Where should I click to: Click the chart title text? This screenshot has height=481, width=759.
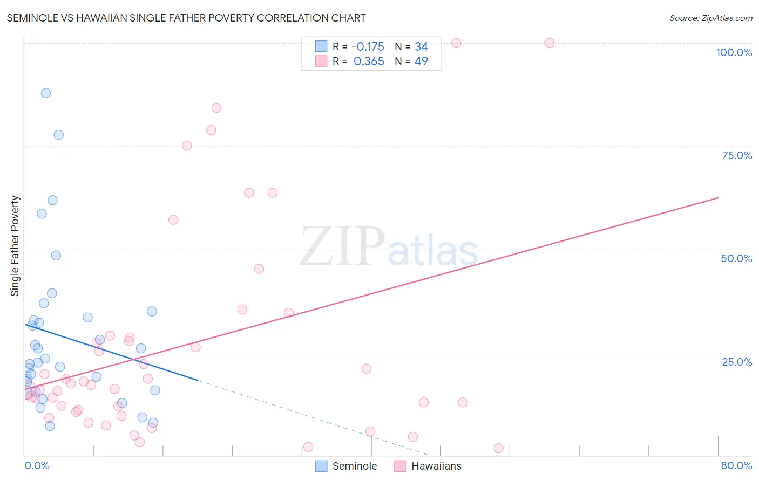tap(186, 18)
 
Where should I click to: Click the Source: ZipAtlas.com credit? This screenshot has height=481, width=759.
tap(710, 18)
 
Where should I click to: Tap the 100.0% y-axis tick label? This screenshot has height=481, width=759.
tap(734, 52)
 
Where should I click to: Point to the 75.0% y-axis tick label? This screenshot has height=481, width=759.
tap(737, 155)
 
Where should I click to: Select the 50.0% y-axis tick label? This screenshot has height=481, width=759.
tap(736, 258)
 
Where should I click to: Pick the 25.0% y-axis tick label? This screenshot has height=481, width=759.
tap(737, 362)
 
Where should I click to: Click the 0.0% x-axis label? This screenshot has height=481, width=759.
tap(37, 465)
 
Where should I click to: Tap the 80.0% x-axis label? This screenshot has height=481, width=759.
tap(736, 465)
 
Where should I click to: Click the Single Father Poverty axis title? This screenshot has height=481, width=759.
tap(15, 246)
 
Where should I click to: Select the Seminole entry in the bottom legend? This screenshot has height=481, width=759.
tap(354, 466)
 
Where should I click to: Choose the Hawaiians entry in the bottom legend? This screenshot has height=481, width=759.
tap(436, 466)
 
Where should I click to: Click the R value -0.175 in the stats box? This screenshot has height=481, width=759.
tap(368, 47)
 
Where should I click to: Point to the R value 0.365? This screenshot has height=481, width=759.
tap(369, 61)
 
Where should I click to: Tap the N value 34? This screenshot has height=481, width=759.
tap(421, 47)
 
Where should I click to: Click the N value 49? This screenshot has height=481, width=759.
tap(421, 61)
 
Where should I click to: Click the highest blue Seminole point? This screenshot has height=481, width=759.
tap(46, 93)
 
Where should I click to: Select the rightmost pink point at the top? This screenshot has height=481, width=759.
tap(549, 43)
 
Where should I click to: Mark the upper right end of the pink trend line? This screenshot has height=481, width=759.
tap(718, 198)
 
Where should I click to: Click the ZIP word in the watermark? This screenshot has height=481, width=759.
tap(342, 246)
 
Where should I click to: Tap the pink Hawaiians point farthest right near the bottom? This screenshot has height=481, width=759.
tap(498, 448)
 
